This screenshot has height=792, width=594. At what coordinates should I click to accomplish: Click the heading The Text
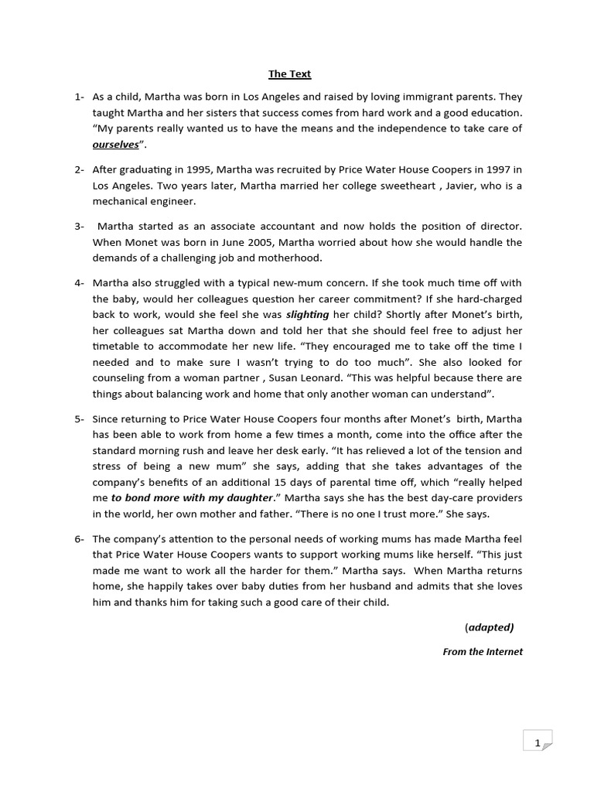point(289,74)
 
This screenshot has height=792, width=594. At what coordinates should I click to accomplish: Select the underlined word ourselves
point(116,145)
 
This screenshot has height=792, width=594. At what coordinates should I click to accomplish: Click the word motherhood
point(291,258)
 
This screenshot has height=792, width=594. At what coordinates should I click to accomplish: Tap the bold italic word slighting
point(308,315)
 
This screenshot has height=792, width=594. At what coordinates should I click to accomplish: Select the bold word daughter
point(245,498)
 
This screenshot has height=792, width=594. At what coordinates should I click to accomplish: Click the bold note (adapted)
point(490,626)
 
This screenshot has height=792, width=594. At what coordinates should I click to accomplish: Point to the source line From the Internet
point(483,652)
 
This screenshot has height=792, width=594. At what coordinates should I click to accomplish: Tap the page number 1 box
point(538,743)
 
